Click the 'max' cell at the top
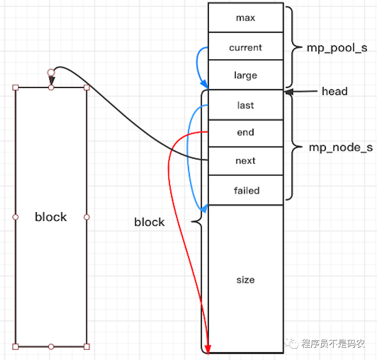pos(246,18)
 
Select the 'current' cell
pos(246,47)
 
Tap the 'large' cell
pos(246,76)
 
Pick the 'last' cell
pos(246,105)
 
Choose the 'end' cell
pos(246,133)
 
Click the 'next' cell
pos(246,161)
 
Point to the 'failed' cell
pos(246,190)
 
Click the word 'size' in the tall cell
pos(246,279)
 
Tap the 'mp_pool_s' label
pos(336,47)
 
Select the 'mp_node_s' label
pos(341,147)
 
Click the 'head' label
pos(334,91)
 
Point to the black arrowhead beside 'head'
pos(288,92)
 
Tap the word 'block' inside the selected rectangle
pos(51,217)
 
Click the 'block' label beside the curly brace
pos(149,222)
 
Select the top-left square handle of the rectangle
pos(16,88)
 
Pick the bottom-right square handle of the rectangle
pos(87,346)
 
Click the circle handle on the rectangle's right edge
pos(87,217)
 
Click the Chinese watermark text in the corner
pos(333,343)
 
